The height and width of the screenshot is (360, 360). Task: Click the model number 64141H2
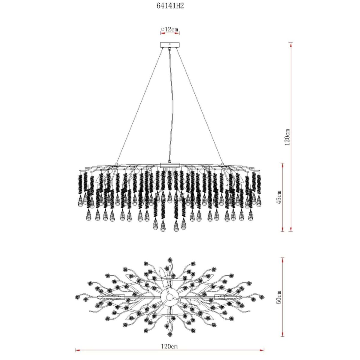click(x=170, y=6)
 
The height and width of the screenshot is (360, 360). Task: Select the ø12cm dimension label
click(x=169, y=29)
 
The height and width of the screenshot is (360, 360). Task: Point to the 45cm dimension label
click(x=278, y=197)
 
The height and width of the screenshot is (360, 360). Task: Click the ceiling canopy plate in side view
click(x=169, y=45)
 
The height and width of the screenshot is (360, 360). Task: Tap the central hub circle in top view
click(x=169, y=297)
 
